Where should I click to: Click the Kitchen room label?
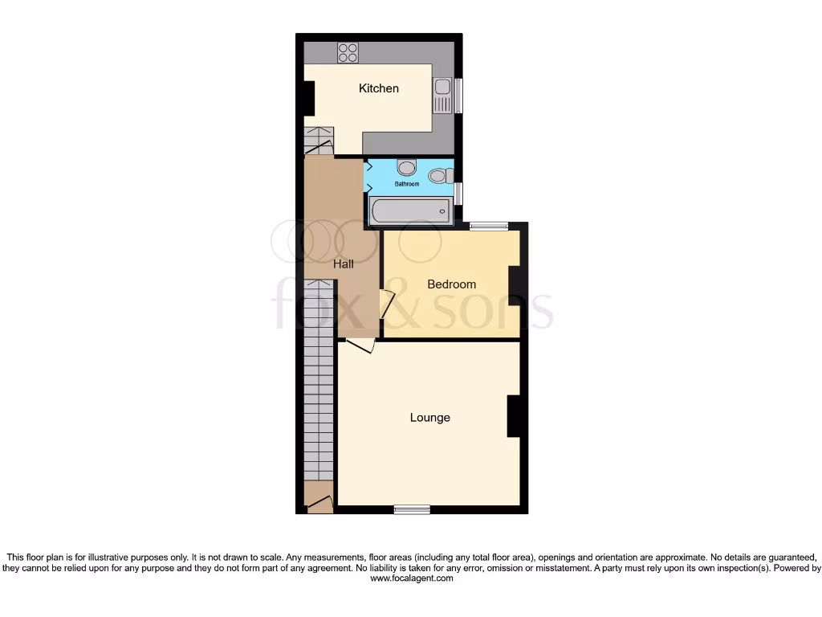click(378, 88)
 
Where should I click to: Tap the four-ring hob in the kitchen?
click(348, 52)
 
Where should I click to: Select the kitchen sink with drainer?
click(442, 96)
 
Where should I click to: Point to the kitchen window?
click(459, 96)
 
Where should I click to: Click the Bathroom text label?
click(406, 184)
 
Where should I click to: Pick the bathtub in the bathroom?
click(410, 212)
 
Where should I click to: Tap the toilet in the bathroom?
click(438, 174)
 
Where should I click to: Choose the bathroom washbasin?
click(407, 167)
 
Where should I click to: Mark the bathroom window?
click(458, 194)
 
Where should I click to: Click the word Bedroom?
click(451, 284)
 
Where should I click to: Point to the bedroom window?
click(489, 226)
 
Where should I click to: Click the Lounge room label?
click(429, 418)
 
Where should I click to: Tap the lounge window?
click(412, 509)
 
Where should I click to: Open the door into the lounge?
click(360, 345)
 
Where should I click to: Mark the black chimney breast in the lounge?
click(514, 416)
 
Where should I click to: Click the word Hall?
click(344, 263)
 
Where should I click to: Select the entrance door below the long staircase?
click(320, 505)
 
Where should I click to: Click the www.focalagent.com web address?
click(411, 578)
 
